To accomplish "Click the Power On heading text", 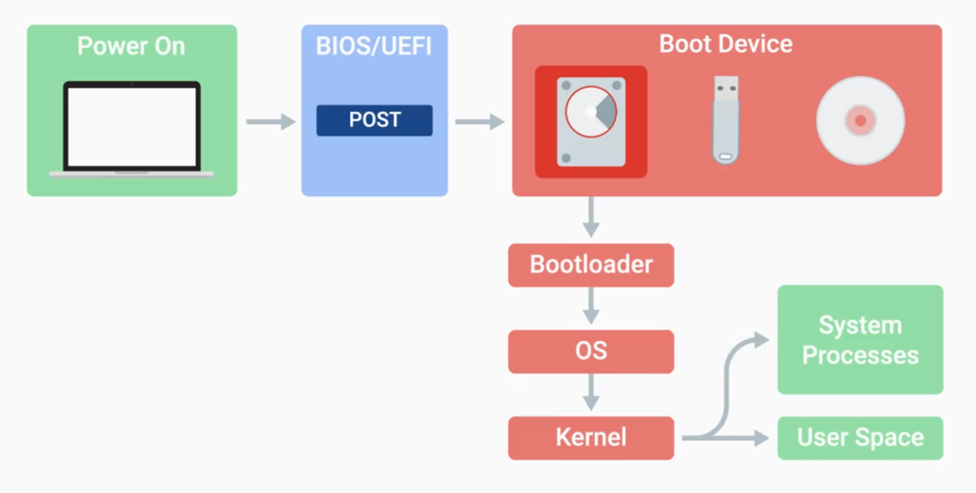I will pyautogui.click(x=131, y=46).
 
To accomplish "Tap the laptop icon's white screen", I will pyautogui.click(x=132, y=126).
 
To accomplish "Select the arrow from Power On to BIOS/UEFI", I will pyautogui.click(x=269, y=122).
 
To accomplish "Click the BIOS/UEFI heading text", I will pyautogui.click(x=374, y=46).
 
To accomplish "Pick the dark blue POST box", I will pyautogui.click(x=374, y=120).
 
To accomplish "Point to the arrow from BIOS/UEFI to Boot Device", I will pyautogui.click(x=479, y=122).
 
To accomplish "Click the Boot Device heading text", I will pyautogui.click(x=725, y=44).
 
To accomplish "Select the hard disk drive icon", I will pyautogui.click(x=591, y=121).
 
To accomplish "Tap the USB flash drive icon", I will pyautogui.click(x=724, y=120).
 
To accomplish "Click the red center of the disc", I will pyautogui.click(x=860, y=121).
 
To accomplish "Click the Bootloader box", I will pyautogui.click(x=591, y=265).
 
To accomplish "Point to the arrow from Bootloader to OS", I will pyautogui.click(x=590, y=308).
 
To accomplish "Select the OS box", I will pyautogui.click(x=591, y=350).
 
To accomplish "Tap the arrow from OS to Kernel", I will pyautogui.click(x=590, y=393).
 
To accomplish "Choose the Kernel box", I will pyautogui.click(x=591, y=437).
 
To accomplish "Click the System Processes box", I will pyautogui.click(x=860, y=340).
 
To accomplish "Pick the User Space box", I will pyautogui.click(x=860, y=437).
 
